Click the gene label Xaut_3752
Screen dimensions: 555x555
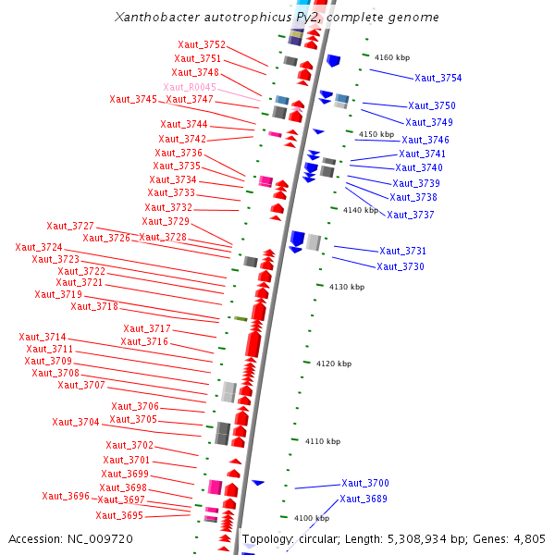point(202,44)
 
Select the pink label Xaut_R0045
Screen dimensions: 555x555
point(190,87)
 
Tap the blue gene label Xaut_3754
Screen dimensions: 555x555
point(438,79)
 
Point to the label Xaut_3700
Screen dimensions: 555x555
point(365,484)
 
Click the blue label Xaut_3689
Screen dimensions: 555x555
point(364,499)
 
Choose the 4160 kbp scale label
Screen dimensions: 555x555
point(392,57)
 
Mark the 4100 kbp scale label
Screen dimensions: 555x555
point(312,518)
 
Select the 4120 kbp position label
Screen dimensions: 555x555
point(334,364)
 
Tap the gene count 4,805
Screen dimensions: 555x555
point(527,539)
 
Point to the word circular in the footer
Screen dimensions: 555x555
point(325,539)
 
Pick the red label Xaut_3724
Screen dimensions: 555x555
point(39,248)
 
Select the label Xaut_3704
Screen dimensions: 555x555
point(76,422)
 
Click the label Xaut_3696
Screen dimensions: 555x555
point(66,496)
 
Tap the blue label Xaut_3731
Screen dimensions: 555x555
point(402,251)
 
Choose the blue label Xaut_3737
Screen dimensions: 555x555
point(411,215)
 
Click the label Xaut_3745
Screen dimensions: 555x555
point(133,99)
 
